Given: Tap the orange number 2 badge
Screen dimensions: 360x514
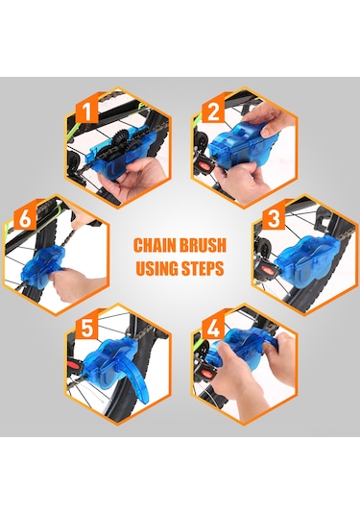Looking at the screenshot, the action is click(213, 111).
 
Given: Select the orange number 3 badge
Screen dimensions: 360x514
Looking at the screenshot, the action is click(274, 218).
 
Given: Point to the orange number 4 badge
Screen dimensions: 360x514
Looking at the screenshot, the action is click(213, 329).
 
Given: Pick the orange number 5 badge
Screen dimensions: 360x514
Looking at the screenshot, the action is click(87, 329).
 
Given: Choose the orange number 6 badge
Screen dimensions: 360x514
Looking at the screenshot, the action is click(25, 218).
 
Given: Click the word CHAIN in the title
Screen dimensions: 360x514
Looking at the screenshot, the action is click(153, 245).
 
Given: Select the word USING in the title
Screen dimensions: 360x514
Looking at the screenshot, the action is click(156, 268).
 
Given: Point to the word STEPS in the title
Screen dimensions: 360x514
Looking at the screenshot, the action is click(203, 268).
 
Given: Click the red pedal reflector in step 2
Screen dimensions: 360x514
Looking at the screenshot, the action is click(205, 165).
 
